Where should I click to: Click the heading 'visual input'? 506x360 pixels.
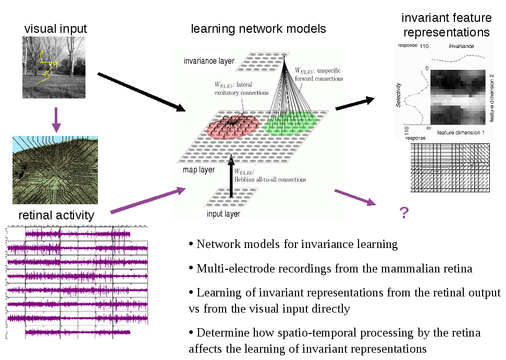pos(56,29)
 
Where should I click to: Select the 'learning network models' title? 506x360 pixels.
pos(258,29)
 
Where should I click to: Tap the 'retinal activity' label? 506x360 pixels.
pos(56,215)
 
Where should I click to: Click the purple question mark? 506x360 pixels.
pos(403,213)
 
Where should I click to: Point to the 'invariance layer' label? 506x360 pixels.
pos(209,61)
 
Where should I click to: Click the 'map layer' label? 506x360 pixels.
pos(199,170)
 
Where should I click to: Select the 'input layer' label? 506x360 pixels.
pos(223,214)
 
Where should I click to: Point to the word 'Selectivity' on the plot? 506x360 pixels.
pos(399,95)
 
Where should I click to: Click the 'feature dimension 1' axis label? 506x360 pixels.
pos(461,133)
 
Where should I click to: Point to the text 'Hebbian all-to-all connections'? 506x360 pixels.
pos(270,179)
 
